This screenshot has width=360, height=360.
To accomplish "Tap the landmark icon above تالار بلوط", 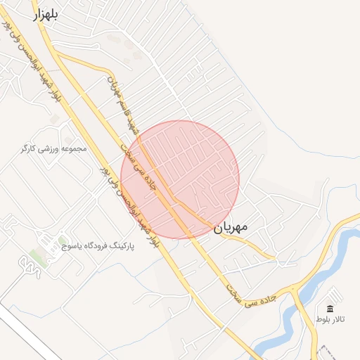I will click(330, 309).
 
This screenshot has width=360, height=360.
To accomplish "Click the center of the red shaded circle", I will click(180, 179).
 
